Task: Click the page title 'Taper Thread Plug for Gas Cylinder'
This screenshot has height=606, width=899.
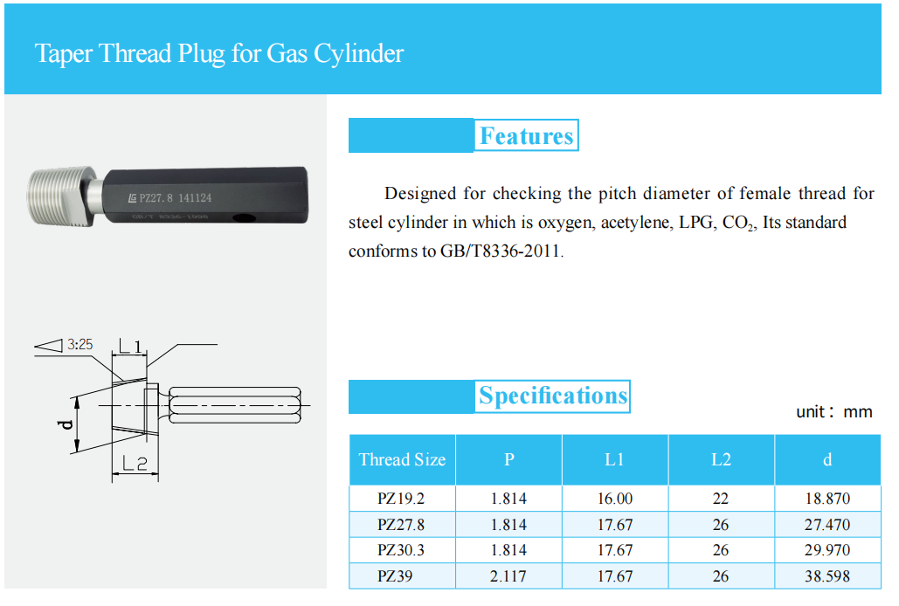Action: coord(218,53)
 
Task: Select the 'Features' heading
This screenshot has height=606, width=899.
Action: coord(526,136)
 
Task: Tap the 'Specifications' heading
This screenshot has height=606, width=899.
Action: coord(553,396)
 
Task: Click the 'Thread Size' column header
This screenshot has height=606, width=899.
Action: coord(402,459)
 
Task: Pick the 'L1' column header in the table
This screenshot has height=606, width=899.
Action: coord(614,459)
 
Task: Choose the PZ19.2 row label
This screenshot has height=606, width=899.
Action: coord(402,499)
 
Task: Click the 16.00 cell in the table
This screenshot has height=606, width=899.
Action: coord(614,499)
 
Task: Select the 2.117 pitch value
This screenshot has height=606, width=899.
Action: coord(508,576)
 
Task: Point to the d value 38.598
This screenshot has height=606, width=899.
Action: coord(827,576)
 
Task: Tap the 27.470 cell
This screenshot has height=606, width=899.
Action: coord(827,525)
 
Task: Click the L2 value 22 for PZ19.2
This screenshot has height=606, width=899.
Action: coord(721,499)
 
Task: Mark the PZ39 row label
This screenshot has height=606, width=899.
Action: coord(402,576)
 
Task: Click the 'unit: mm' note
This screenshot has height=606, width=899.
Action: coord(833,412)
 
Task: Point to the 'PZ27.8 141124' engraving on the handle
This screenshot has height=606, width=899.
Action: coord(175,197)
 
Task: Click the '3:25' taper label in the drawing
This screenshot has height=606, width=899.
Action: coord(80,346)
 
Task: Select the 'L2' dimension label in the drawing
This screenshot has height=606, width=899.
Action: coord(135,465)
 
